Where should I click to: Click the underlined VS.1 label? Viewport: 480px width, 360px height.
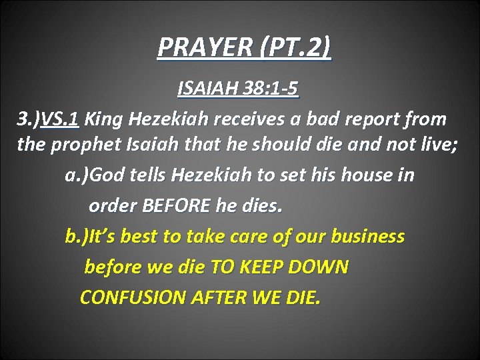[61, 119]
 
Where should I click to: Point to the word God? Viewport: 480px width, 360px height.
[107, 175]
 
